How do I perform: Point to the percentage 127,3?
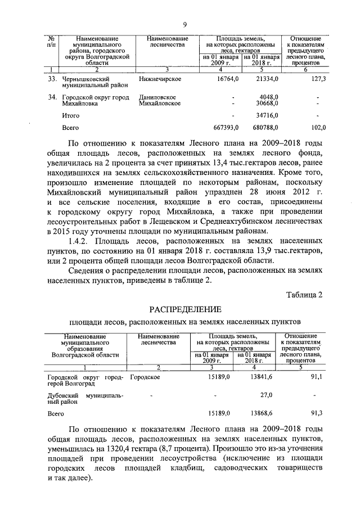coord(318,80)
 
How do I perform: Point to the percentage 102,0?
coord(318,128)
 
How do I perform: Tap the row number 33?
coord(52,80)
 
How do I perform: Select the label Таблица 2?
coord(304,295)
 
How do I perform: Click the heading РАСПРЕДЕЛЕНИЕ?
coord(185,309)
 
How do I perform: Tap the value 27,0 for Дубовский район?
coord(267,396)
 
